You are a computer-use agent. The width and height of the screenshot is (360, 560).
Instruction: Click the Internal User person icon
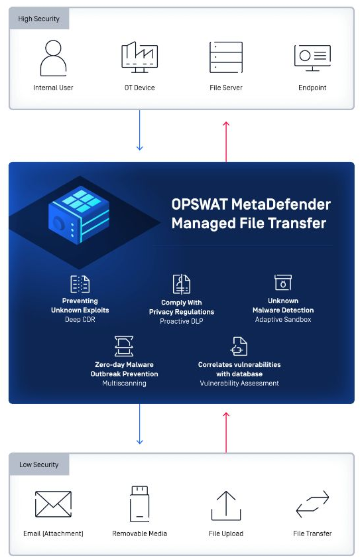[x=53, y=58]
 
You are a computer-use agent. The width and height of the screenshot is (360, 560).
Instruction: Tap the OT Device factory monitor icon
[x=139, y=57]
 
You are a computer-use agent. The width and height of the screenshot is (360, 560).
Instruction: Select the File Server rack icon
[x=226, y=57]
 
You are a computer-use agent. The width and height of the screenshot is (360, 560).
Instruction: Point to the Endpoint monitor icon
[x=312, y=58]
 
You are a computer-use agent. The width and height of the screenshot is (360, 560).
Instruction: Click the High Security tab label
[x=39, y=19]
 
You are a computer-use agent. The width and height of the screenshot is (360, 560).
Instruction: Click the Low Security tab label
[x=39, y=464]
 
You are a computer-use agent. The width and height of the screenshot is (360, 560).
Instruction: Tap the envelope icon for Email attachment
[x=53, y=504]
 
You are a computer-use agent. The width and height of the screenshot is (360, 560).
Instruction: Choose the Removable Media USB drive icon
[x=139, y=504]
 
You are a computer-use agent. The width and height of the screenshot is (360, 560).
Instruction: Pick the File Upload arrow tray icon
[x=226, y=506]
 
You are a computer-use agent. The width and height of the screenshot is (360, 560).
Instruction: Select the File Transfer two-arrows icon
[x=312, y=504]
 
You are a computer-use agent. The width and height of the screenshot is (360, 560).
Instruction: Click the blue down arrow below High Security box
[x=139, y=130]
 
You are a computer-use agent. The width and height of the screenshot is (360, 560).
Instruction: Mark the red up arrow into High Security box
[x=226, y=142]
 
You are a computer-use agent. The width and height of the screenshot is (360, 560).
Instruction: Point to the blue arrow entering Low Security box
[x=139, y=424]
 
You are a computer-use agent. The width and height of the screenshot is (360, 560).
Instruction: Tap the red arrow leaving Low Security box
[x=226, y=433]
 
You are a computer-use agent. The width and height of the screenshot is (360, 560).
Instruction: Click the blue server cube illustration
[x=79, y=215]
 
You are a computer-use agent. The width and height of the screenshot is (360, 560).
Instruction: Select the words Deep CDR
[x=80, y=319]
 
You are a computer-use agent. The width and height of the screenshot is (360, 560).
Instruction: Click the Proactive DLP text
[x=181, y=321]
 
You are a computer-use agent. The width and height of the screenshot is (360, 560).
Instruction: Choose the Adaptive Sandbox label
[x=283, y=319]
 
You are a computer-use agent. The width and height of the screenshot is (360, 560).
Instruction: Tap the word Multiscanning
[x=124, y=384]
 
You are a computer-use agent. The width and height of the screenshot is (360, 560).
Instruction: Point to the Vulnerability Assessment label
[x=239, y=384]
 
